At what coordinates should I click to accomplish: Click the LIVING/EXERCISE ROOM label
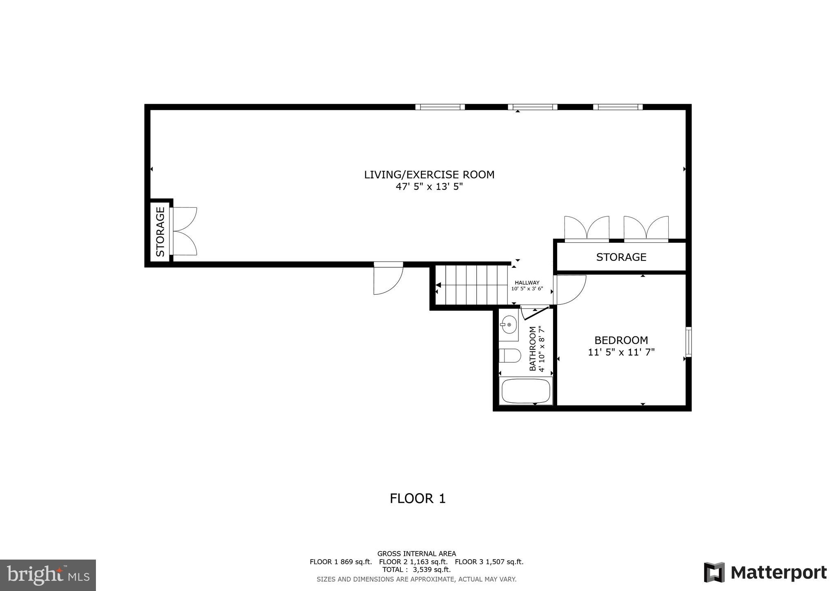pyautogui.click(x=429, y=175)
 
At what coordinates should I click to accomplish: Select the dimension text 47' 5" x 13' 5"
pyautogui.click(x=429, y=187)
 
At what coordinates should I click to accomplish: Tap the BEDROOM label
pyautogui.click(x=621, y=340)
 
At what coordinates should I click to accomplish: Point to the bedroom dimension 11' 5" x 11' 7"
pyautogui.click(x=621, y=352)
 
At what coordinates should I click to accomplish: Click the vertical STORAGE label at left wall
pyautogui.click(x=160, y=231)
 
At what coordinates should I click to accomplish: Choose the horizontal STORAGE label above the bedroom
pyautogui.click(x=621, y=257)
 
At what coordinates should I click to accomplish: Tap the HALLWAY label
pyautogui.click(x=527, y=282)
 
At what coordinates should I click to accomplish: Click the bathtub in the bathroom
pyautogui.click(x=526, y=391)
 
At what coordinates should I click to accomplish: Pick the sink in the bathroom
pyautogui.click(x=509, y=325)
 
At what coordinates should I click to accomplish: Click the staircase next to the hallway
pyautogui.click(x=471, y=285)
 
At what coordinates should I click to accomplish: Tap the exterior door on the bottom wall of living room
pyautogui.click(x=388, y=279)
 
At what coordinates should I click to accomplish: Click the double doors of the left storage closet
pyautogui.click(x=185, y=231)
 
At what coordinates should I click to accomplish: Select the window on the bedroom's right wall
pyautogui.click(x=688, y=342)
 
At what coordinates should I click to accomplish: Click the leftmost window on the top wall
pyautogui.click(x=440, y=107)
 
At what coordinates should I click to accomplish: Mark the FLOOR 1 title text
pyautogui.click(x=418, y=498)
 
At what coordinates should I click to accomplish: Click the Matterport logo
pyautogui.click(x=765, y=573)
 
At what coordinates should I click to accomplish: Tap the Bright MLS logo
pyautogui.click(x=48, y=575)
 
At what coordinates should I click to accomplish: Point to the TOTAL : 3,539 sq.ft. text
pyautogui.click(x=416, y=570)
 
